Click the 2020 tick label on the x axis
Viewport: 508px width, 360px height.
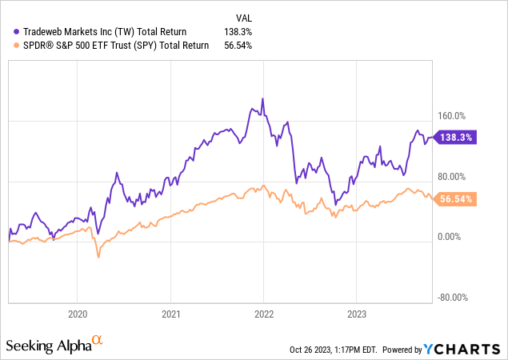tap(78, 314)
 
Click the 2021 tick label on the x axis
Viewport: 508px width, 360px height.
tap(171, 314)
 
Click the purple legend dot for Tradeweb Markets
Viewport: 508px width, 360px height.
tap(17, 32)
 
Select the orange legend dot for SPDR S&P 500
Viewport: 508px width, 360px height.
tap(17, 46)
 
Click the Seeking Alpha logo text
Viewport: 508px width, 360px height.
tap(48, 345)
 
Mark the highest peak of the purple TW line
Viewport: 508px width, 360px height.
tap(262, 98)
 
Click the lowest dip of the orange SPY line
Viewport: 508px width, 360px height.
tap(98, 257)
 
